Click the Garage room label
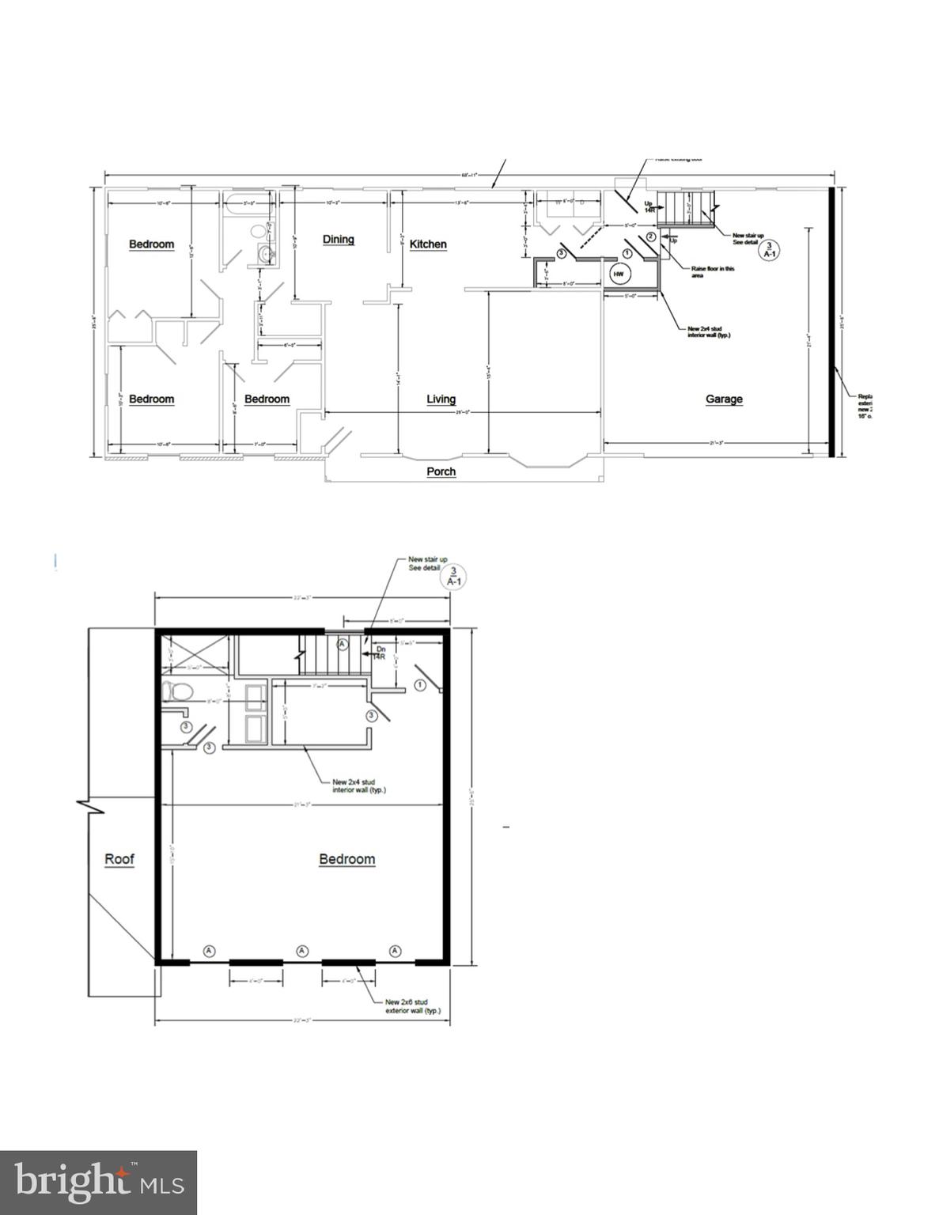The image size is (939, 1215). [x=723, y=399]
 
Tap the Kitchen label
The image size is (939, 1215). [x=428, y=244]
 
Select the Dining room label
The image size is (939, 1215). [x=338, y=240]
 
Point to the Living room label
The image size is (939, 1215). [x=441, y=399]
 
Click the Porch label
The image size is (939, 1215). [x=441, y=471]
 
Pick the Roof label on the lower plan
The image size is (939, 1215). [x=119, y=859]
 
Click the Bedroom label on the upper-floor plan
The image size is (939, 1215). [x=346, y=859]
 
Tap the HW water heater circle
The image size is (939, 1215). [x=619, y=274]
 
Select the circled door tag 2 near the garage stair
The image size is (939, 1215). [x=650, y=237]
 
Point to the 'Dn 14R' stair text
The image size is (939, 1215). [x=380, y=653]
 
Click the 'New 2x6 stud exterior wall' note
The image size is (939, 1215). [x=412, y=1006]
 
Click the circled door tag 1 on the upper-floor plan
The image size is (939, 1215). [x=421, y=684]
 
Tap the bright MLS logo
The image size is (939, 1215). [x=98, y=1183]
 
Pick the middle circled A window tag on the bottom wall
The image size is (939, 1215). [x=302, y=951]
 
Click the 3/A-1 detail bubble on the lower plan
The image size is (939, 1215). [x=454, y=576]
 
